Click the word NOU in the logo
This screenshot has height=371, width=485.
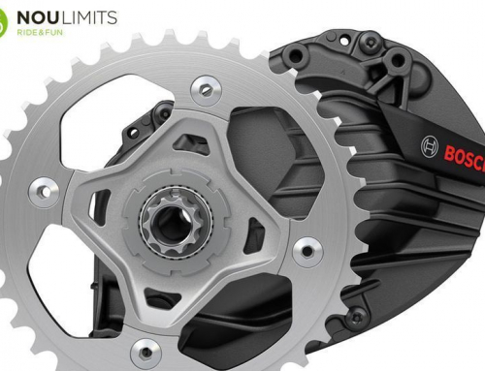(x=39, y=17)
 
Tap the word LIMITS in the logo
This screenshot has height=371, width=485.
(x=89, y=17)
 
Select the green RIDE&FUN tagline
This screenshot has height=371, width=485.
(x=40, y=32)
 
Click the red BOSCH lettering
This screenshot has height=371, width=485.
(x=465, y=157)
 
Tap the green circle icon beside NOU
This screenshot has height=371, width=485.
(x=3, y=22)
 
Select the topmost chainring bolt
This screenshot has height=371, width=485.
(x=206, y=91)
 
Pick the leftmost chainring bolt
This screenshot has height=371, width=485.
(x=45, y=192)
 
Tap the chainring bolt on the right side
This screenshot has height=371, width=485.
(x=307, y=252)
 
